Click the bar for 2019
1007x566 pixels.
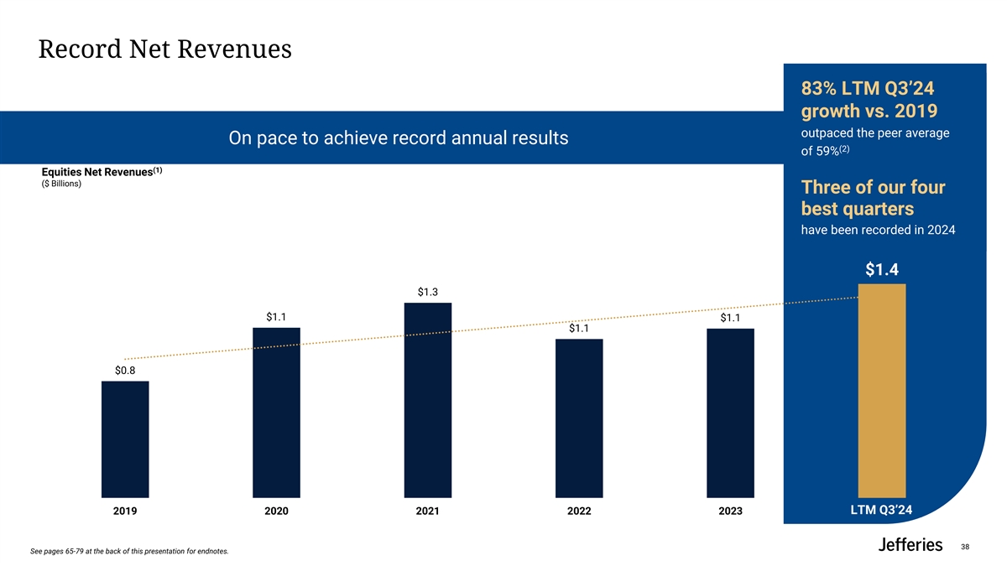tap(125, 439)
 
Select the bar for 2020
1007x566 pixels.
tap(276, 413)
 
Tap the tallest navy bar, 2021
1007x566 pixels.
tap(428, 400)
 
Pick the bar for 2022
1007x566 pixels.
tap(579, 418)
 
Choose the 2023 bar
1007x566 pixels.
tap(731, 413)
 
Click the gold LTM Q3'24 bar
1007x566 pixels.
tap(882, 391)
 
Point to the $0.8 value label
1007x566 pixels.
tap(125, 371)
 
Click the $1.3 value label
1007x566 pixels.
tap(428, 292)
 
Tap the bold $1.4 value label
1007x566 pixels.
tap(882, 269)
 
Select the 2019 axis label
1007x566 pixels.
tap(125, 511)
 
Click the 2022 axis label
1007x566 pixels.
tap(579, 511)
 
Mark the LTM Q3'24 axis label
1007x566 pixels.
tap(882, 510)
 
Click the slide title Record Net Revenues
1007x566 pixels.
tap(165, 50)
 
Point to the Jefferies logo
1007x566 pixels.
tap(910, 545)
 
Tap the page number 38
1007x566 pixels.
tap(965, 547)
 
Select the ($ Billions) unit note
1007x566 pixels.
tap(61, 184)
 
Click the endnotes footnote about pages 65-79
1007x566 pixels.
tap(128, 551)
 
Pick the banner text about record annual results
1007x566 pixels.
tap(399, 138)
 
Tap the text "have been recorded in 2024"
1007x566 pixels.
tap(879, 231)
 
